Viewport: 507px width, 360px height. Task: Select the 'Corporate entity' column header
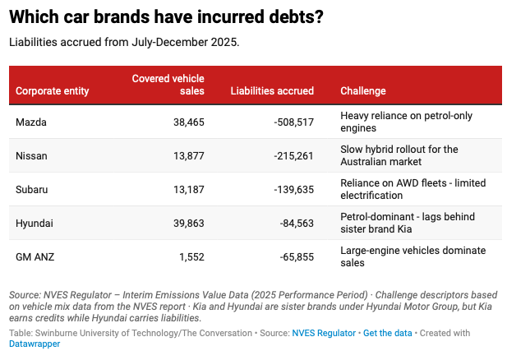(x=53, y=90)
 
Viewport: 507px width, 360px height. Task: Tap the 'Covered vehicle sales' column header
(x=168, y=84)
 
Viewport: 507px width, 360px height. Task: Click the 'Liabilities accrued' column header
(x=272, y=90)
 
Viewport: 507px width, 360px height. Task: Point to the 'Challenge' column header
(x=362, y=90)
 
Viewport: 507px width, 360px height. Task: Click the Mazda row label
(x=32, y=122)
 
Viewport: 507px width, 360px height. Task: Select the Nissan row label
(x=32, y=155)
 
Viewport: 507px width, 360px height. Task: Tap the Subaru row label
(x=32, y=189)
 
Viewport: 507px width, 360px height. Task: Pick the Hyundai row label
(x=35, y=223)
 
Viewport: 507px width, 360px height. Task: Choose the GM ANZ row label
(x=35, y=256)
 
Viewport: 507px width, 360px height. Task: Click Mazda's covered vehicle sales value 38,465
(x=185, y=122)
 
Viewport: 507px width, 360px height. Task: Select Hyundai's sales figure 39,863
(x=185, y=223)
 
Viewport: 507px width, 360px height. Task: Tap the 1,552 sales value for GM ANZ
(x=190, y=256)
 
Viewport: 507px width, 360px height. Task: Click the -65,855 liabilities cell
(x=292, y=256)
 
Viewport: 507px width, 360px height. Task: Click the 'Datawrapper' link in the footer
(x=35, y=344)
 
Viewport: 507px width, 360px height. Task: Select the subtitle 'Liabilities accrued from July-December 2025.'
(x=124, y=41)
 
